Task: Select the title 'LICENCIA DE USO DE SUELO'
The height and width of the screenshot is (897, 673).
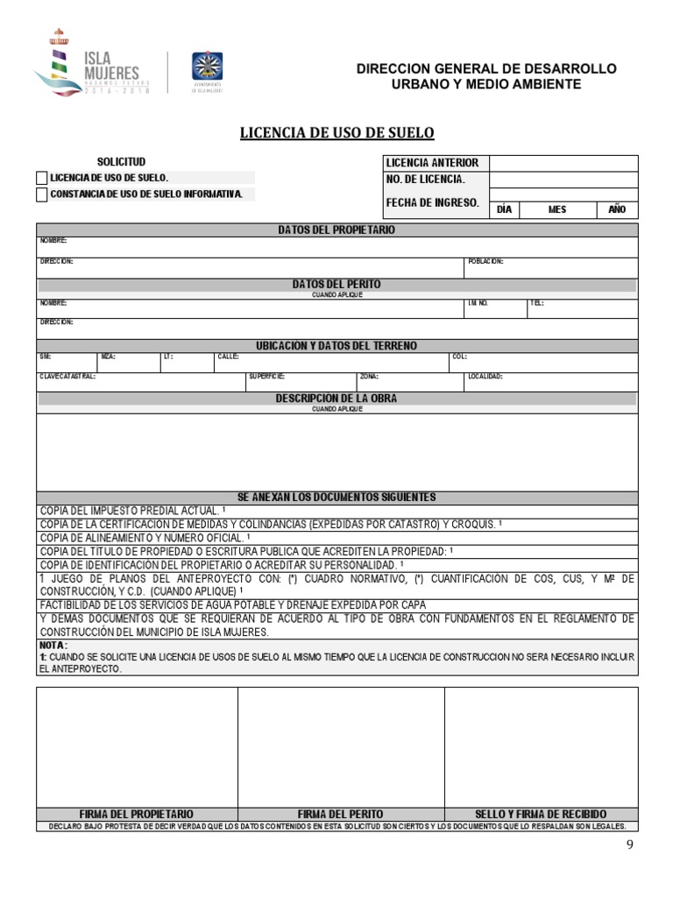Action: click(x=337, y=133)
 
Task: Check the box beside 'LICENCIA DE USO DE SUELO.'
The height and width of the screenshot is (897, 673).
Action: click(x=42, y=178)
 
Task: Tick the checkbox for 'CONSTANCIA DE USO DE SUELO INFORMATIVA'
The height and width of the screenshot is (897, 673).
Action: click(x=42, y=194)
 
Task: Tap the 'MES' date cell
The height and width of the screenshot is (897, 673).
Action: click(x=557, y=210)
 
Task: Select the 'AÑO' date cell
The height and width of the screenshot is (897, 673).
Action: click(x=617, y=210)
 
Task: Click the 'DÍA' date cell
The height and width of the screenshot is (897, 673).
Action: click(x=504, y=210)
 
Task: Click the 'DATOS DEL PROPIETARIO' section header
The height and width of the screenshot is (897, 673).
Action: click(x=336, y=230)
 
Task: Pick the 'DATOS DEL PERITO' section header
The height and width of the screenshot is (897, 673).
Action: click(x=336, y=285)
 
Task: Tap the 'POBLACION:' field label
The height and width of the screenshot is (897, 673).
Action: click(x=485, y=262)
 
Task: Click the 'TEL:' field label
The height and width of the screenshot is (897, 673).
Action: click(x=536, y=303)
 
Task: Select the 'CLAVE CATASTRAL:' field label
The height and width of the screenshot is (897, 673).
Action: click(x=67, y=377)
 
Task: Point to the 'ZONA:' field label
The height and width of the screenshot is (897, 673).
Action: click(x=369, y=377)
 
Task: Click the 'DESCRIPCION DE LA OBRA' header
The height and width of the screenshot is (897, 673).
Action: click(x=336, y=399)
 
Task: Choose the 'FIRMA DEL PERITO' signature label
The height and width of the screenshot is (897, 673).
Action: click(x=341, y=814)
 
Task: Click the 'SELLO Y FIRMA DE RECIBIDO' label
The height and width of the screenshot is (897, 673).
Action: click(x=541, y=814)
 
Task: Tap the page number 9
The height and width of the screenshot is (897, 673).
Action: click(x=629, y=844)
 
